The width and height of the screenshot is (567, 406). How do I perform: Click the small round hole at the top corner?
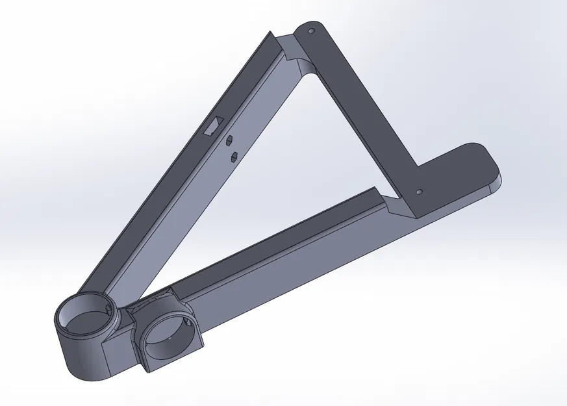tap(310, 31)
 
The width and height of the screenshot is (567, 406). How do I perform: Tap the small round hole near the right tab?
tap(419, 192)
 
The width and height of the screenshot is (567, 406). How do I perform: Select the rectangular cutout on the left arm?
tap(213, 125)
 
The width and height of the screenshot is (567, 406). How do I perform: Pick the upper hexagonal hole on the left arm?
tap(229, 138)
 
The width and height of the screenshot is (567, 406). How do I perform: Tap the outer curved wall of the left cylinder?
tap(78, 357)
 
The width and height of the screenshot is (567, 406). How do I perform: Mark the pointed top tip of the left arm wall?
tap(270, 32)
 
